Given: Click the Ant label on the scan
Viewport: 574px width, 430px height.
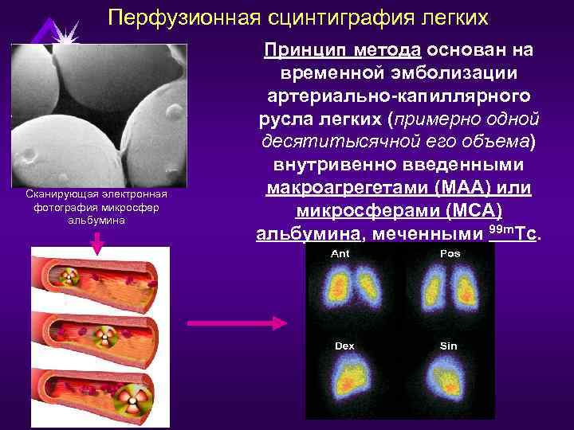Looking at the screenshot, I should (340, 253).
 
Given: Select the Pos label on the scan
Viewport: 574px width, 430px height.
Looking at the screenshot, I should (450, 253).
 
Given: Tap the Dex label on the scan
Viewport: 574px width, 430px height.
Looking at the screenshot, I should (344, 346).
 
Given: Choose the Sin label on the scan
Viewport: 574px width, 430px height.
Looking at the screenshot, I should (449, 346).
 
